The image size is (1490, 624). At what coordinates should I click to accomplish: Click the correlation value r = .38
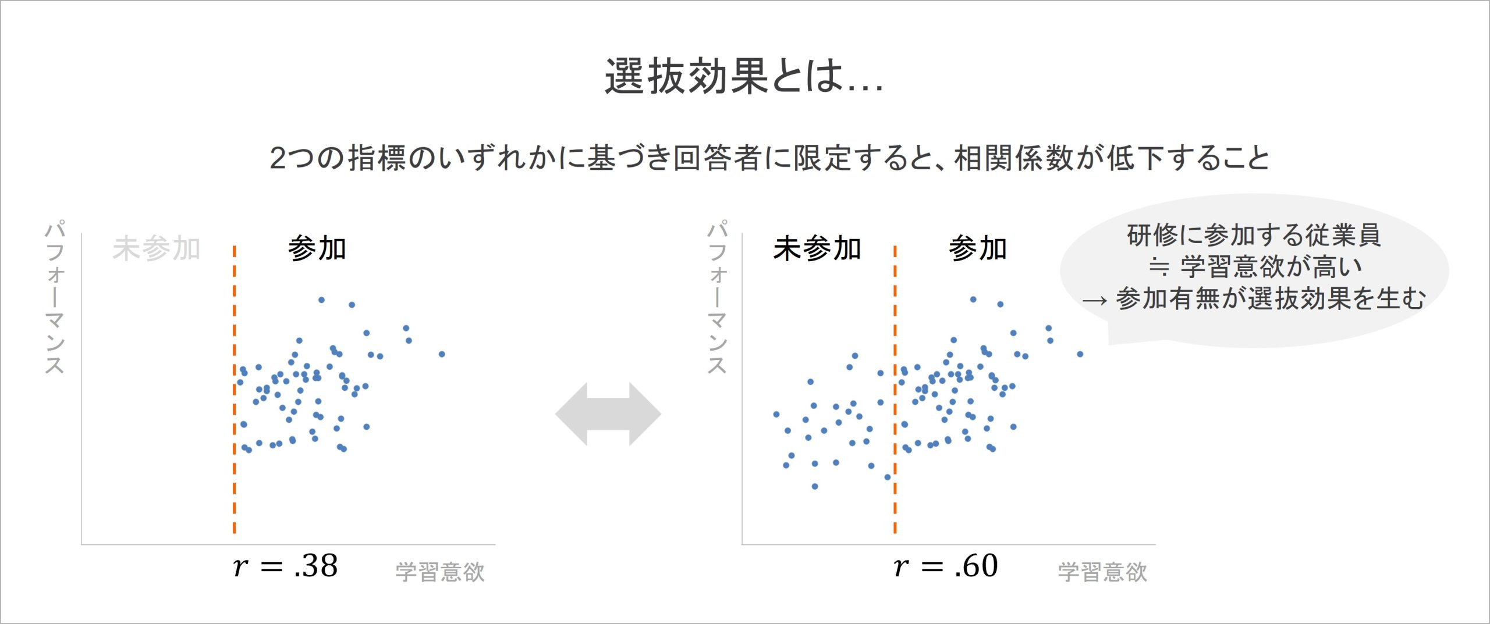point(285,565)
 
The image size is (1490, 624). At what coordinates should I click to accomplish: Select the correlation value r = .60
point(946,565)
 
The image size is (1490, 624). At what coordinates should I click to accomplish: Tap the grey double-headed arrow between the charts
point(608,414)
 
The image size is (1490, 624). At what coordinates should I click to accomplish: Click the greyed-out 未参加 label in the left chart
point(156,249)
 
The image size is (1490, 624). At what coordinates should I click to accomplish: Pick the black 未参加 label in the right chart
point(817,249)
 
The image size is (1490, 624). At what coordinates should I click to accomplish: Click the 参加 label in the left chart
point(317,249)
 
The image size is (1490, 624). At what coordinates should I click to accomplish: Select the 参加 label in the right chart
point(978,249)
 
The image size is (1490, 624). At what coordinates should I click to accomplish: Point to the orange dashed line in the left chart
point(234,389)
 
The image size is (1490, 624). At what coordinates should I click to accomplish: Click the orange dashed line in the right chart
point(895,389)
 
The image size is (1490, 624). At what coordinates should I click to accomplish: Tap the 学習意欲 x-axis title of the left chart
point(440,572)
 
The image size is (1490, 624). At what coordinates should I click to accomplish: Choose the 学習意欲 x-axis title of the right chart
point(1102,572)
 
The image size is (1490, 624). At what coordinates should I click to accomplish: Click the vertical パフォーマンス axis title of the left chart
point(55,297)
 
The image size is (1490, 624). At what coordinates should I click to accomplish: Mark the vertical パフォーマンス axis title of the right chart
point(716,297)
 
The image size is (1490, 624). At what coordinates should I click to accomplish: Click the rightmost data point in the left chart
point(442,354)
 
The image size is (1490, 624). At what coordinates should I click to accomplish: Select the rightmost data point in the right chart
point(1080,354)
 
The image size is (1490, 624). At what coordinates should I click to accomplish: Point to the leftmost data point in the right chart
point(776,414)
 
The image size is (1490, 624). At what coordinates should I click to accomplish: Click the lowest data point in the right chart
point(814,486)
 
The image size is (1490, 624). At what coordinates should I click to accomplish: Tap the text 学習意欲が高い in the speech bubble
point(1271,267)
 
